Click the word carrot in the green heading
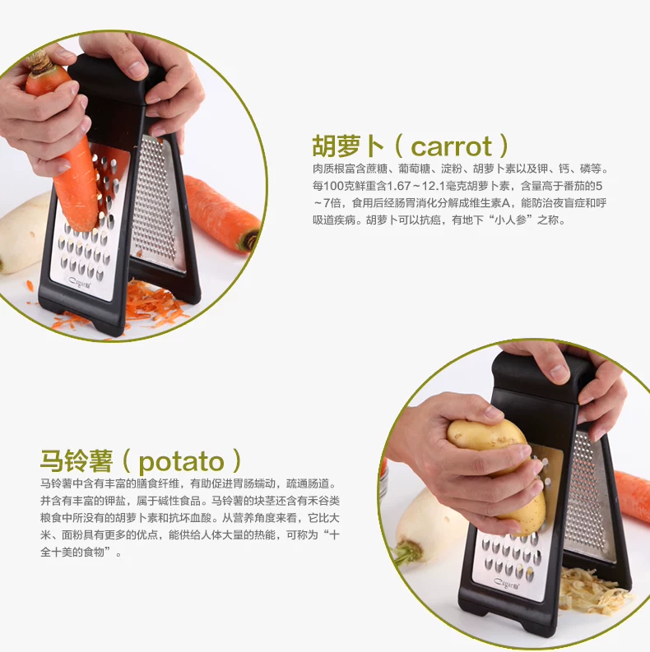pyautogui.click(x=452, y=146)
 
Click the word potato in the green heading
pyautogui.click(x=182, y=461)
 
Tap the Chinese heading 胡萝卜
pyautogui.click(x=348, y=146)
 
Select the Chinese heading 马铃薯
pyautogui.click(x=77, y=460)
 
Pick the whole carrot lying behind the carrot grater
pyautogui.click(x=221, y=212)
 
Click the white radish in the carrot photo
pyautogui.click(x=23, y=233)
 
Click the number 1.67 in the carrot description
pyautogui.click(x=399, y=186)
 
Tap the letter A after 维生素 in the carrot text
pyautogui.click(x=506, y=203)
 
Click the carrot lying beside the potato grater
pyautogui.click(x=633, y=495)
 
